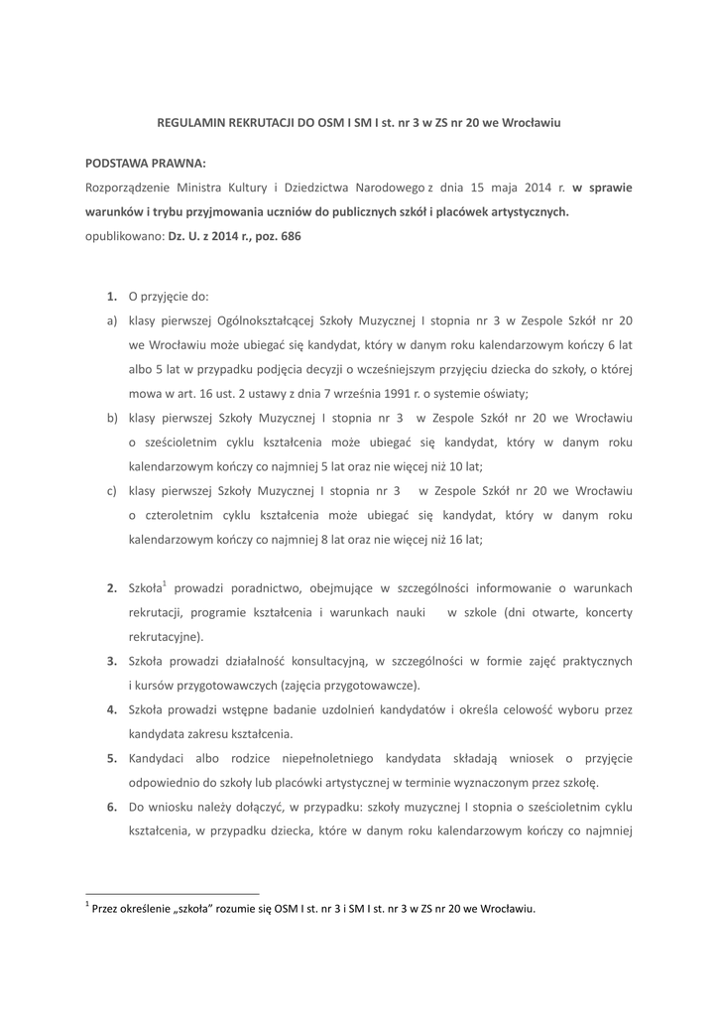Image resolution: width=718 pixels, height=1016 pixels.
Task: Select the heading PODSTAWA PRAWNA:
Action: click(146, 161)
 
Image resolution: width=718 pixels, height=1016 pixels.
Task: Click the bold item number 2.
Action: click(111, 588)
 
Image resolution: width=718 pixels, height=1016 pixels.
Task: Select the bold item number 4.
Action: click(111, 709)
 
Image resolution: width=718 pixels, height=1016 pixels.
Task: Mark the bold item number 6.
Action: click(111, 807)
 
